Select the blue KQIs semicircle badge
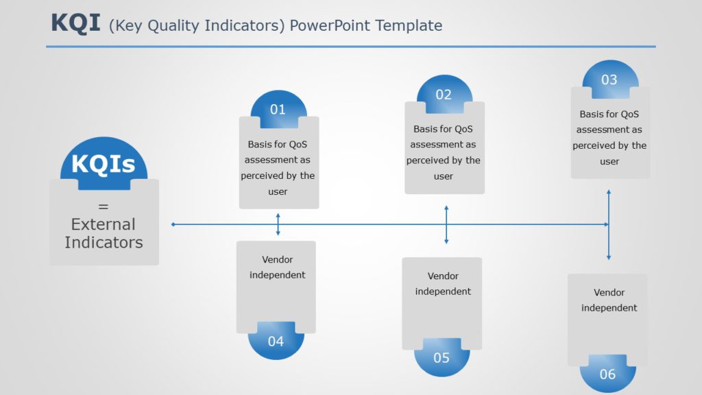pyautogui.click(x=104, y=165)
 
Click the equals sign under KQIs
pyautogui.click(x=104, y=206)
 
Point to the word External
pyautogui.click(x=104, y=224)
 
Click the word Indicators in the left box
pyautogui.click(x=104, y=242)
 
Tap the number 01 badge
pyautogui.click(x=278, y=109)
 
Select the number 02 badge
pyautogui.click(x=444, y=94)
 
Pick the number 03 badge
pyautogui.click(x=609, y=80)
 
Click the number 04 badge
pyautogui.click(x=276, y=341)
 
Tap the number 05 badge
pyautogui.click(x=441, y=357)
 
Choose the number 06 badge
pyautogui.click(x=607, y=374)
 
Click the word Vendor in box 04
pyautogui.click(x=277, y=259)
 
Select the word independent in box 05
pyautogui.click(x=443, y=291)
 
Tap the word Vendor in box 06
pyautogui.click(x=609, y=292)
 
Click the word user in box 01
pyautogui.click(x=278, y=191)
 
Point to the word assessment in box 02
pyautogui.click(x=443, y=145)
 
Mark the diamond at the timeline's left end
pyautogui.click(x=173, y=224)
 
